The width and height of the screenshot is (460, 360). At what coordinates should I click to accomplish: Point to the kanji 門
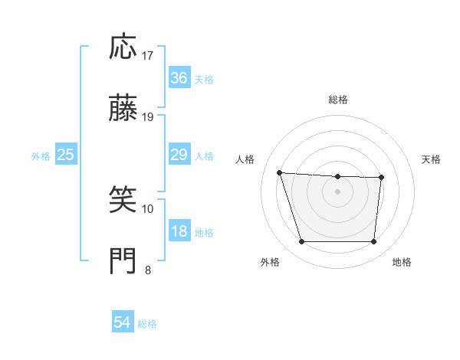coord(123,261)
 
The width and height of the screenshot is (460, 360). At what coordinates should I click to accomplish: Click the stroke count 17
coord(148,55)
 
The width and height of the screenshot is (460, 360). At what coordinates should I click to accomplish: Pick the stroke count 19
coord(148,117)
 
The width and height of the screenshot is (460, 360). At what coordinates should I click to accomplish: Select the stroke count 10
coord(148,208)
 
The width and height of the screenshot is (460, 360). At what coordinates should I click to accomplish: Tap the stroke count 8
coord(148,270)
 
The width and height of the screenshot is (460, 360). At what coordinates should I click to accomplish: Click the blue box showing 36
coord(179,78)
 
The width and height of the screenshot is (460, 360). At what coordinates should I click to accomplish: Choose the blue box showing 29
coord(179,155)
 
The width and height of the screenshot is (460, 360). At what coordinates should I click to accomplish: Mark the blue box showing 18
coord(179,231)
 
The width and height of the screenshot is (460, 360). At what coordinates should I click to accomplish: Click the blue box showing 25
coord(66,155)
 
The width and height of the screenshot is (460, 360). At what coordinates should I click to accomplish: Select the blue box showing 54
coord(123,322)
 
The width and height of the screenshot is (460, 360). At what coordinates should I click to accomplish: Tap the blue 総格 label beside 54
coord(147,324)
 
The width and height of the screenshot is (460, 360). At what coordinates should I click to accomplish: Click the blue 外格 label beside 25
coord(41,156)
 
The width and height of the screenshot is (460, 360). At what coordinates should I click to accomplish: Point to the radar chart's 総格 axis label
coord(338,100)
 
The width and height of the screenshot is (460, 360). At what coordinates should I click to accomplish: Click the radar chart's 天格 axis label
coord(432,159)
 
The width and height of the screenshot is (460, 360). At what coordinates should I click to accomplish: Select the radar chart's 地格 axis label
coord(402,263)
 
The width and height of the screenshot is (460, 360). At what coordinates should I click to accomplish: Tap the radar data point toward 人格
coord(280,172)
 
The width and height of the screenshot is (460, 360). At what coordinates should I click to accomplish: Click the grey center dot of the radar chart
coord(338,191)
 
